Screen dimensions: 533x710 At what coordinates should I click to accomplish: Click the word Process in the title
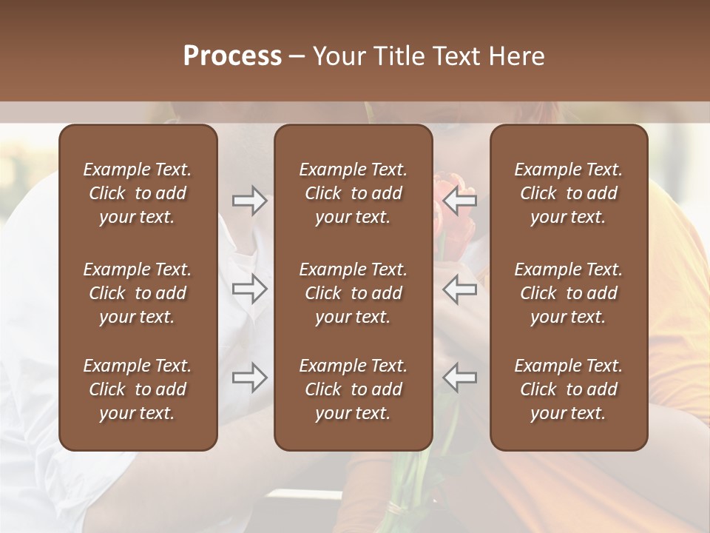tap(232, 56)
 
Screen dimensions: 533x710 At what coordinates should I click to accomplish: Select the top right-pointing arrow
tap(250, 201)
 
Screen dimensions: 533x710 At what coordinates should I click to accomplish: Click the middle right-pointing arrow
tap(250, 289)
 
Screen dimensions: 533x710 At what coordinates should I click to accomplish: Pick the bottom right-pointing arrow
tap(250, 378)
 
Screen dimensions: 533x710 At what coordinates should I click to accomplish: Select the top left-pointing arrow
tap(459, 201)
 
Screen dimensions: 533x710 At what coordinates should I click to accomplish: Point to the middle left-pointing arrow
tap(459, 289)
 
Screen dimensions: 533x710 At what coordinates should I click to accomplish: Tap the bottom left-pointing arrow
tap(459, 378)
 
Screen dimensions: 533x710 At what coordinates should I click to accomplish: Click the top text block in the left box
tap(138, 193)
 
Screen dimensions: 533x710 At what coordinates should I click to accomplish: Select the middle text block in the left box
tap(138, 293)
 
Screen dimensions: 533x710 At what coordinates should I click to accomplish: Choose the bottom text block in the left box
tap(138, 389)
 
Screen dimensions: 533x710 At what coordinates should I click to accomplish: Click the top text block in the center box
tap(353, 193)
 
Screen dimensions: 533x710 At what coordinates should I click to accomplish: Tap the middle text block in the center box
tap(353, 293)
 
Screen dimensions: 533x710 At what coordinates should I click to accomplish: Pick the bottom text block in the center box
tap(353, 389)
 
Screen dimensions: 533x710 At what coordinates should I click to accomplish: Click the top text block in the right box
tap(568, 193)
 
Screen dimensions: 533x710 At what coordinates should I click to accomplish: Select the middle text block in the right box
tap(568, 293)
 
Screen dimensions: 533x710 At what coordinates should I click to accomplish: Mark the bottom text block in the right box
tap(568, 389)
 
